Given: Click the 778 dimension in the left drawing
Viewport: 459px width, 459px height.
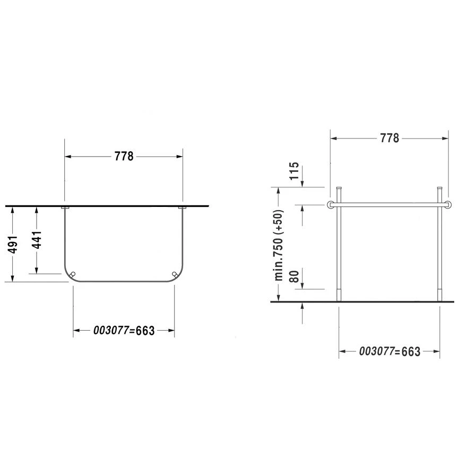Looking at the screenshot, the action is pyautogui.click(x=124, y=157).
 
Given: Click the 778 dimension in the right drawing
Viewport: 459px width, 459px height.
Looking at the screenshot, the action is pyautogui.click(x=389, y=138).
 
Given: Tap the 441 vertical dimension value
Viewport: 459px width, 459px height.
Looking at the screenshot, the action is pyautogui.click(x=37, y=240).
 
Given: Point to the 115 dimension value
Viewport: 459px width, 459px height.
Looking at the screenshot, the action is pyautogui.click(x=294, y=171).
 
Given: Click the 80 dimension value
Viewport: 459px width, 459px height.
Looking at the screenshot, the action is pyautogui.click(x=294, y=276).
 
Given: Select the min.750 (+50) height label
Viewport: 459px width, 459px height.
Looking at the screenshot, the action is pyautogui.click(x=279, y=245).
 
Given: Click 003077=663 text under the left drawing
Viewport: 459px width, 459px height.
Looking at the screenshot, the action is pyautogui.click(x=124, y=331).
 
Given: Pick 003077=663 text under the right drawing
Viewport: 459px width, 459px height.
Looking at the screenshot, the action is pyautogui.click(x=389, y=351).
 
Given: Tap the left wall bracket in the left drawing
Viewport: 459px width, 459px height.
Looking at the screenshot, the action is pyautogui.click(x=65, y=207).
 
